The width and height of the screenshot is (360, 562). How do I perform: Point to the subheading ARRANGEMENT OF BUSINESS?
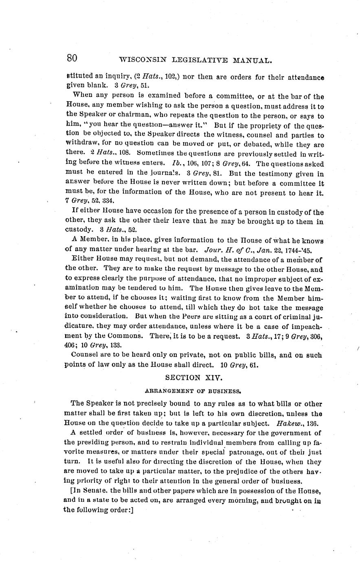193,391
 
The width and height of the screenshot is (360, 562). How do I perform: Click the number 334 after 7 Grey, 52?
108,201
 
